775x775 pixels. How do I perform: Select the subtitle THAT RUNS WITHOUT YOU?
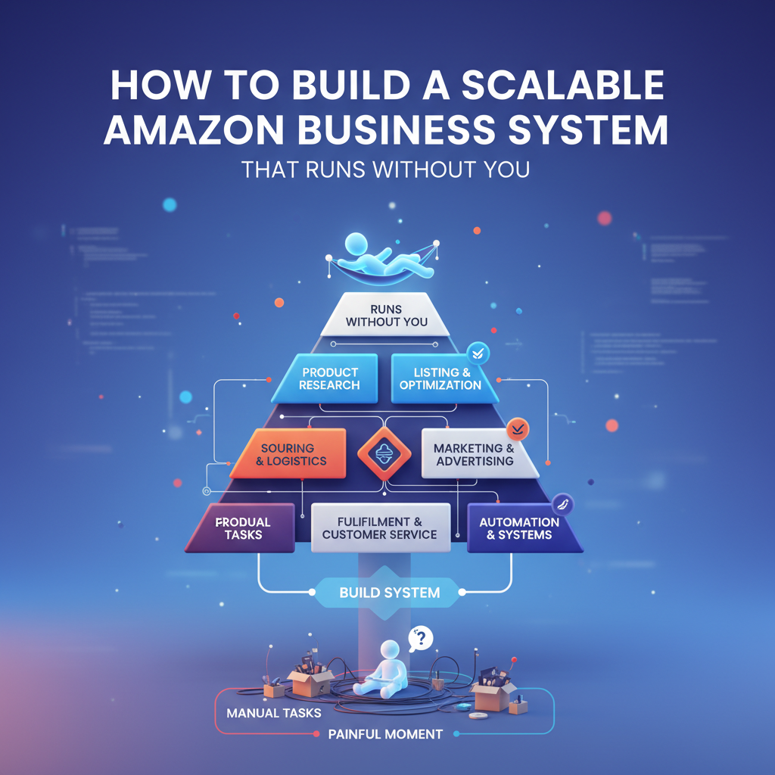[385, 169]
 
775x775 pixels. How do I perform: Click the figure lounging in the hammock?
[383, 258]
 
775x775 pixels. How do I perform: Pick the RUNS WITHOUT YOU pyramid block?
[387, 315]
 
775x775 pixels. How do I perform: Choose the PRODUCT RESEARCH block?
[328, 378]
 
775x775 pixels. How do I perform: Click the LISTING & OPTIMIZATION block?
[440, 378]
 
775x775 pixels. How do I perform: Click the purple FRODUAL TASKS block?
[242, 528]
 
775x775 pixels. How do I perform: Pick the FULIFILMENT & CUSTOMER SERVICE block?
[380, 528]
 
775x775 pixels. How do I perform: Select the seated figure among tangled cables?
[387, 670]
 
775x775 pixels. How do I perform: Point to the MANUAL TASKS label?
[273, 713]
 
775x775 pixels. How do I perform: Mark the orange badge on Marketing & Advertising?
[518, 429]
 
